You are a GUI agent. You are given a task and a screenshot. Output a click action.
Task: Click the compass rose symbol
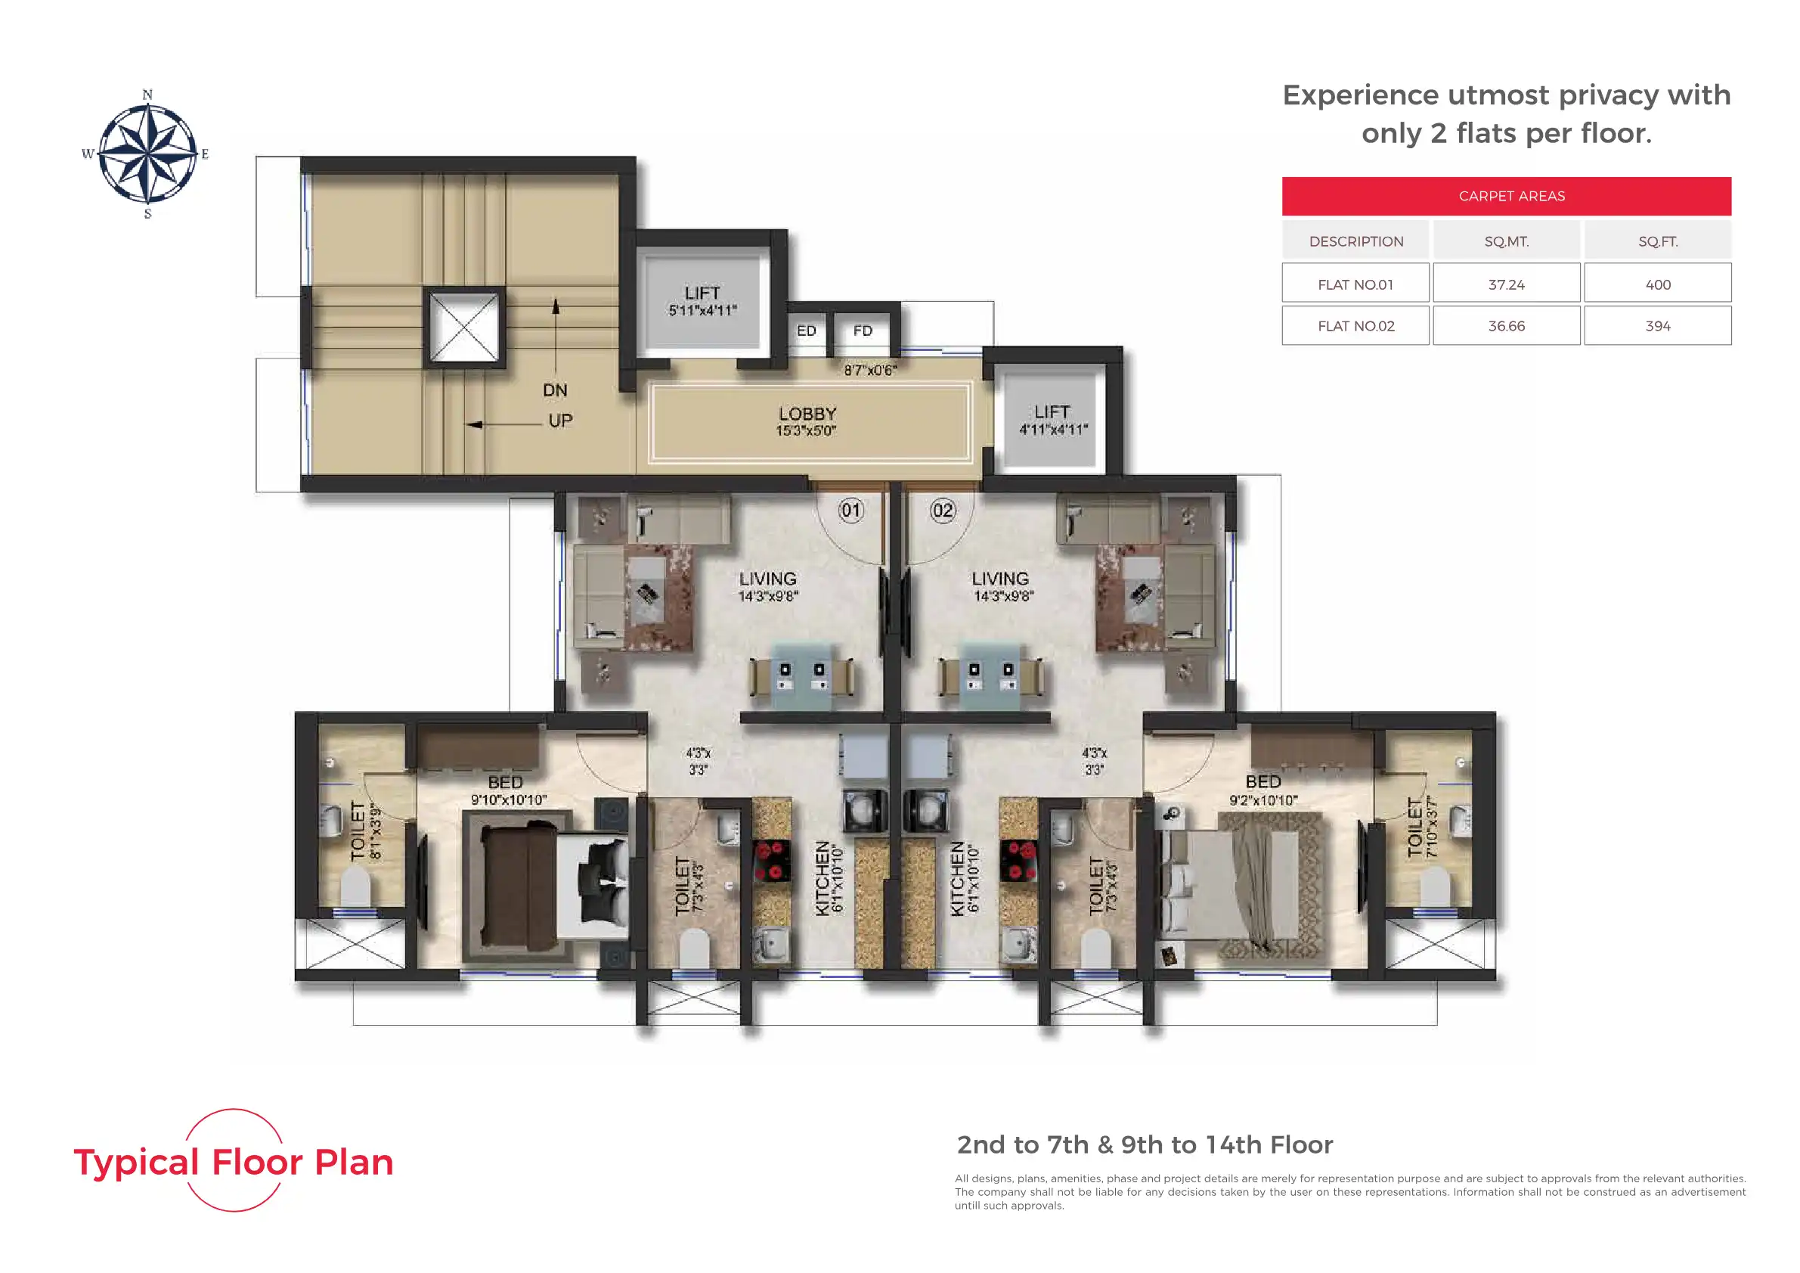coord(147,154)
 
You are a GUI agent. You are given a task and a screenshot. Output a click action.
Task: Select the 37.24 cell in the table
coord(1506,284)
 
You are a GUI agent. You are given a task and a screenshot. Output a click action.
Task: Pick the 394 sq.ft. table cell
coord(1657,325)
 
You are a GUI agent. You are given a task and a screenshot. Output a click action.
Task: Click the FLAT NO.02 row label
coord(1355,325)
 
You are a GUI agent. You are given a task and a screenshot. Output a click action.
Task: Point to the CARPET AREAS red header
coord(1506,196)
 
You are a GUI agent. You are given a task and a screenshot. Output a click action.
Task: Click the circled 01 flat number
coord(850,511)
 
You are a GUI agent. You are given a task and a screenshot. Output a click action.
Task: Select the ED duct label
coord(806,331)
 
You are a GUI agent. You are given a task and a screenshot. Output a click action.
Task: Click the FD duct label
coord(863,331)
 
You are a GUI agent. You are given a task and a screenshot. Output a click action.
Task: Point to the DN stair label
coord(555,390)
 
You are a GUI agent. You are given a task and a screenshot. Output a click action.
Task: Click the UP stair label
coord(559,421)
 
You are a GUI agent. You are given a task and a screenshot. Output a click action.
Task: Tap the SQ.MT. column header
coord(1506,241)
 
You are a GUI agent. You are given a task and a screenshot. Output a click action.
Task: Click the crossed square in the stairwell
coord(464,328)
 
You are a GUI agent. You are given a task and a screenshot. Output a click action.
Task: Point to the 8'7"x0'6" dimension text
coord(870,370)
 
